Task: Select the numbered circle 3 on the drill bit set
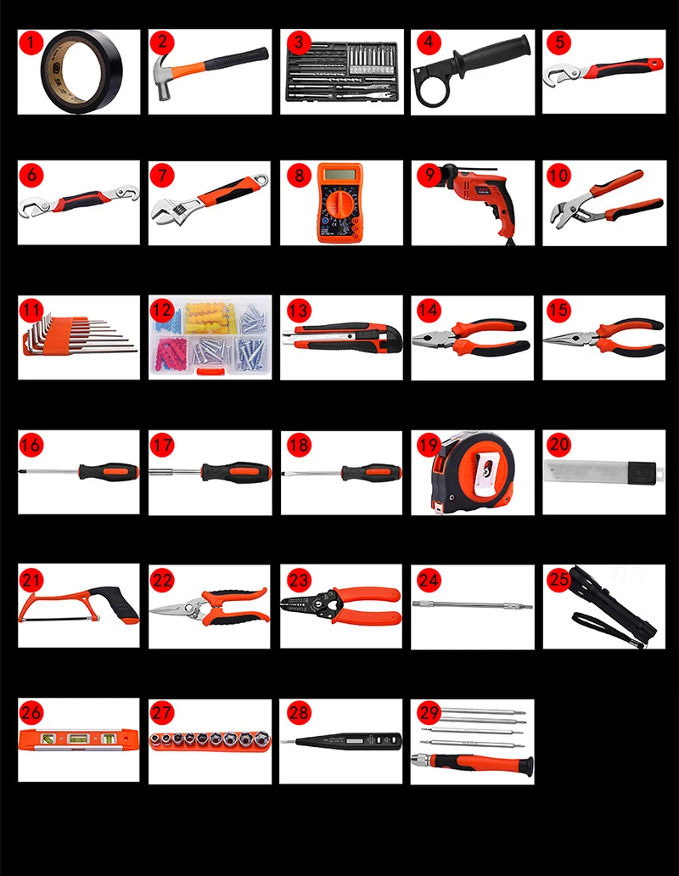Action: [295, 42]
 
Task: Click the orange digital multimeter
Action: [340, 204]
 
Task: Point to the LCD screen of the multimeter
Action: [340, 176]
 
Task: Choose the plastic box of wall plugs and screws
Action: [210, 337]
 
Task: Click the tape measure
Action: [472, 473]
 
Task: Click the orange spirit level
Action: [78, 739]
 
